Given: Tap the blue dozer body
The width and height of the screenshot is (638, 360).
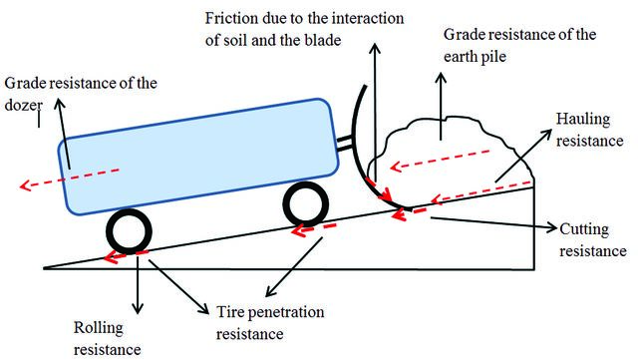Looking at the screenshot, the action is [198, 157].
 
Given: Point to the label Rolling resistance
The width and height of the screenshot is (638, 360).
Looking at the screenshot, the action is [107, 338].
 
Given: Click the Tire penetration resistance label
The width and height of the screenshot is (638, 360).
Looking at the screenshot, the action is [270, 323].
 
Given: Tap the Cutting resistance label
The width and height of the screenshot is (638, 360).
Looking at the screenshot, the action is [593, 240].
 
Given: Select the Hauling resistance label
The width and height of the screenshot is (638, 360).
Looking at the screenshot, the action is [589, 130].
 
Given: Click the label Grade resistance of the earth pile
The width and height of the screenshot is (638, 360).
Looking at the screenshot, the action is [519, 45].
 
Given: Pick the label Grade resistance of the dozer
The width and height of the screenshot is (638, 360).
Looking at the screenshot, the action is [81, 94].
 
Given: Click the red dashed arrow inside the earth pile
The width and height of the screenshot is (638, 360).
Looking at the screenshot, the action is [441, 160].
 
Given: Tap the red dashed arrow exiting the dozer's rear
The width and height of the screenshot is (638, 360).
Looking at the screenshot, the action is [70, 178].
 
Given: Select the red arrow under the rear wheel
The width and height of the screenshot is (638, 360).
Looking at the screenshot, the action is [126, 256].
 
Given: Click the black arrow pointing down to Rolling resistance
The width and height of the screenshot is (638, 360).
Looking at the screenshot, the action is [138, 285].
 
